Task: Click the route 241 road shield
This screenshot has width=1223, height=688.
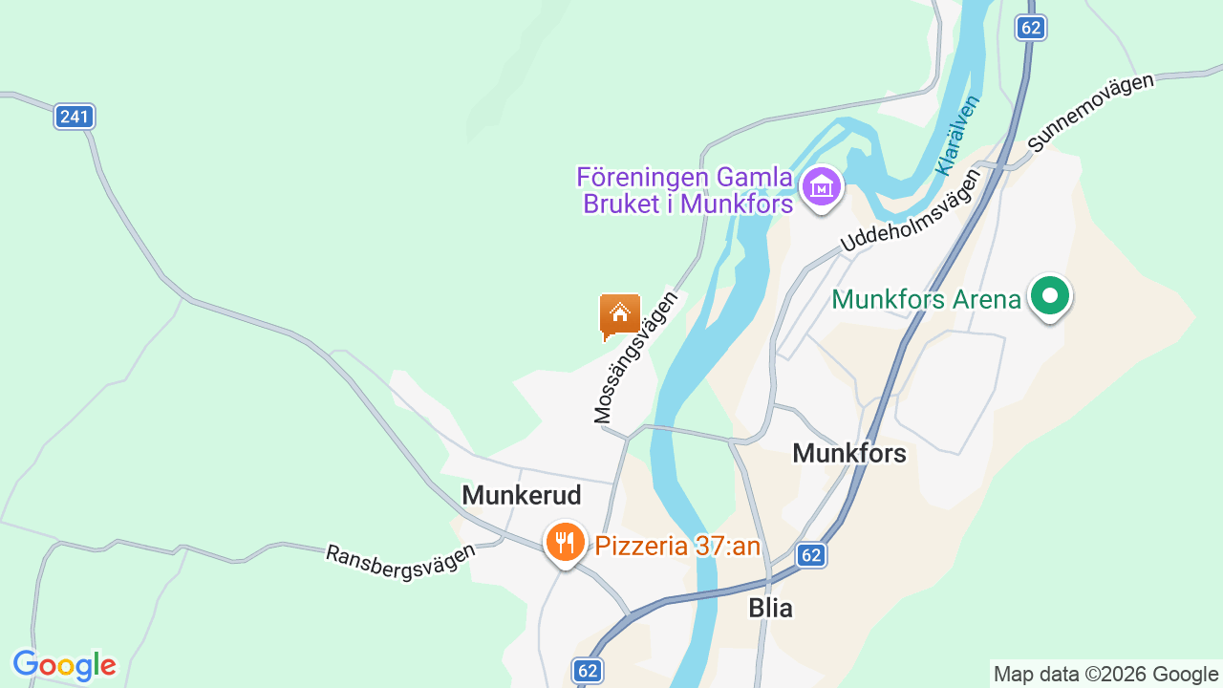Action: [74, 117]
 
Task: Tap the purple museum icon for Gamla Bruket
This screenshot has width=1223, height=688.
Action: [821, 186]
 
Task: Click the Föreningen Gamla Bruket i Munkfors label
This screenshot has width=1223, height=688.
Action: [685, 190]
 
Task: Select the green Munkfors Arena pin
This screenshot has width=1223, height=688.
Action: [1050, 296]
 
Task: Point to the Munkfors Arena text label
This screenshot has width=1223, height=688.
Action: [926, 299]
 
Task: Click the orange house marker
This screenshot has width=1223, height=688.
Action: [619, 314]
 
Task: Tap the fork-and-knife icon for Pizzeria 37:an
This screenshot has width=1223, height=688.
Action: [566, 543]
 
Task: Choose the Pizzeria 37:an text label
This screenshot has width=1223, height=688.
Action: [677, 546]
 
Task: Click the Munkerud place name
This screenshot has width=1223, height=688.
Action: [522, 495]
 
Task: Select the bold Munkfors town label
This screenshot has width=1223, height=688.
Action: [849, 453]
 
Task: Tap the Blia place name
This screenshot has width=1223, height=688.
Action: [770, 608]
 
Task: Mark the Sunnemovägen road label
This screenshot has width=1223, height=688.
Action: [1090, 113]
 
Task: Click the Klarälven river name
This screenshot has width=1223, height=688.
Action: [958, 135]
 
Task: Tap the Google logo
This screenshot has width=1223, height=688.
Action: [64, 665]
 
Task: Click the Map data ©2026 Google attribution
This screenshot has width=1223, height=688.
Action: [1105, 674]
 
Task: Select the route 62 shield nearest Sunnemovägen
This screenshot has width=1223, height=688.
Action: [1030, 28]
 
